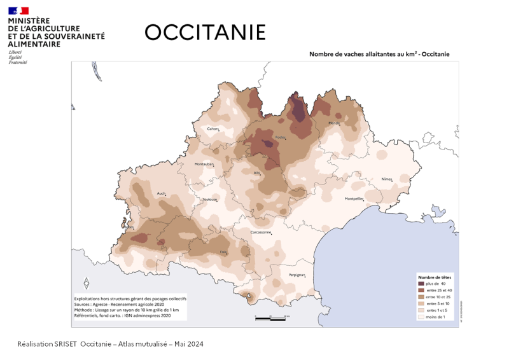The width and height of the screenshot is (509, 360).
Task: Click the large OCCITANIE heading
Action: pyautogui.click(x=205, y=32)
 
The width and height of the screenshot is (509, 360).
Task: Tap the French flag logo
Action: pyautogui.click(x=18, y=11)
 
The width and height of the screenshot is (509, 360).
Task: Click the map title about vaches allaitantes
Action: pyautogui.click(x=379, y=54)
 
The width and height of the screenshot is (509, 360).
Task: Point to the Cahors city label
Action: pyautogui.click(x=213, y=128)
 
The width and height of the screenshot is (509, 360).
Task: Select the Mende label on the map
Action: pyautogui.click(x=333, y=123)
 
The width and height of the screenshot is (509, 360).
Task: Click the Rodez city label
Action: pyautogui.click(x=279, y=137)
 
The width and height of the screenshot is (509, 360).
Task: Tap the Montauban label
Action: pyautogui.click(x=204, y=164)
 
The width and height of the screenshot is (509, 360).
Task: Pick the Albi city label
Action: pyautogui.click(x=257, y=172)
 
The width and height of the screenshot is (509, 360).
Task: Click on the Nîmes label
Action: pyautogui.click(x=386, y=179)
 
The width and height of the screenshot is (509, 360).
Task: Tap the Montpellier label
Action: pyautogui.click(x=354, y=198)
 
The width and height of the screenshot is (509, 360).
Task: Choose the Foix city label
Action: pyautogui.click(x=223, y=253)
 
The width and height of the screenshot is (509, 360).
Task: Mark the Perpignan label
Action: pyautogui.click(x=296, y=275)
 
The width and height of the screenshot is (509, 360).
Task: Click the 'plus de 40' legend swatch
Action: pyautogui.click(x=421, y=284)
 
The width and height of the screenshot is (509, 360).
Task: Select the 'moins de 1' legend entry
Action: pyautogui.click(x=436, y=317)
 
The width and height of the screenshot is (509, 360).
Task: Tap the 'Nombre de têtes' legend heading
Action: pyautogui.click(x=435, y=277)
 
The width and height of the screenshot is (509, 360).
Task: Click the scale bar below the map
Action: pyautogui.click(x=272, y=316)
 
